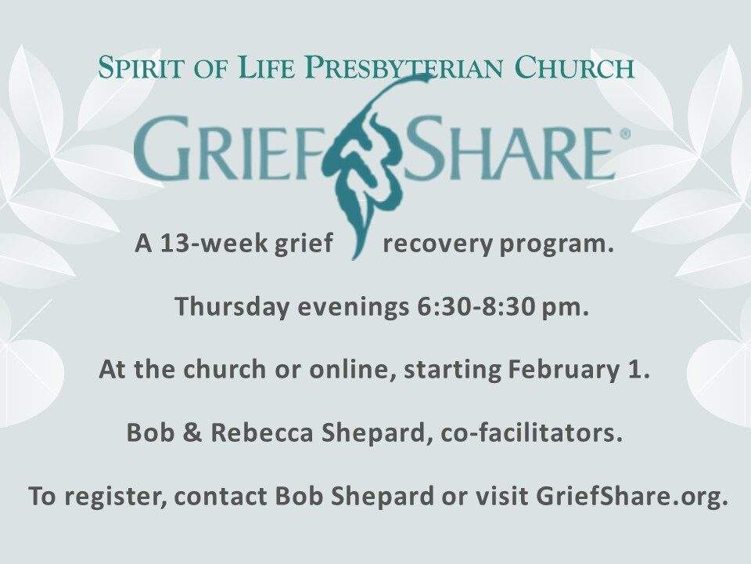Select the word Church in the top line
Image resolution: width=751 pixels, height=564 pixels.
574,67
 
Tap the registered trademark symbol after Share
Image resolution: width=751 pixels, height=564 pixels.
625,135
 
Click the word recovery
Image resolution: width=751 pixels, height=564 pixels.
437,245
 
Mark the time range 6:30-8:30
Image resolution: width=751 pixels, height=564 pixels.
476,307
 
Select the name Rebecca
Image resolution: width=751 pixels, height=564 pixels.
262,433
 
